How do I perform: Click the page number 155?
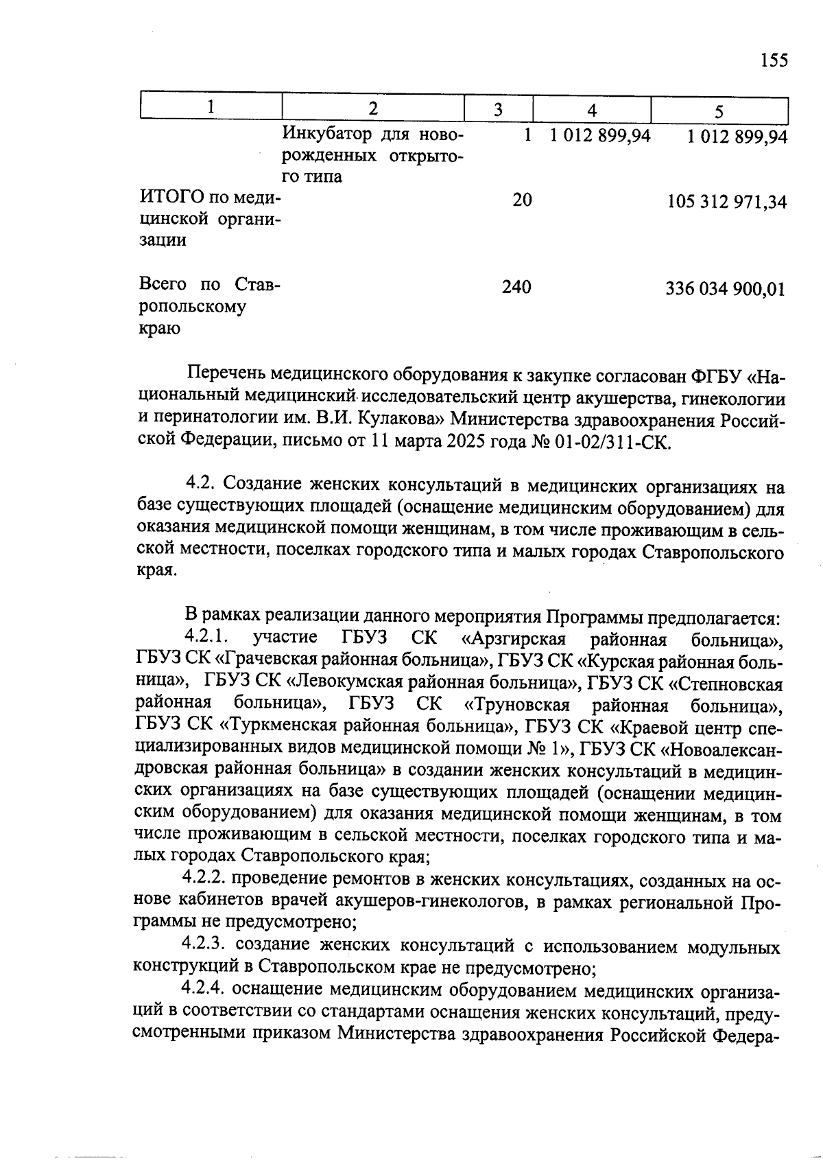click(774, 61)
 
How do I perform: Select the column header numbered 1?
click(211, 108)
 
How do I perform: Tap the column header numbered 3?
click(499, 110)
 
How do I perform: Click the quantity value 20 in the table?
click(522, 200)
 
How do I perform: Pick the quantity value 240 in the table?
click(516, 287)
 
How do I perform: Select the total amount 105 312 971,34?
click(726, 202)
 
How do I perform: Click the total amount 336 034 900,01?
click(725, 289)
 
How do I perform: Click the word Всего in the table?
click(163, 284)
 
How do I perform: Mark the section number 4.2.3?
click(205, 946)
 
